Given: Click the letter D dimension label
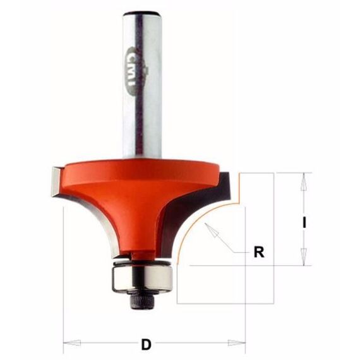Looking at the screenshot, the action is tap(147, 344).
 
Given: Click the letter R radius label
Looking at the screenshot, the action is tap(259, 252).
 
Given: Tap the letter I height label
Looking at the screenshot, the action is tap(304, 222).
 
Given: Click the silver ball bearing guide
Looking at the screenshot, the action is tap(142, 279).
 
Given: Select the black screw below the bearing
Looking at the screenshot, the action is tap(141, 300).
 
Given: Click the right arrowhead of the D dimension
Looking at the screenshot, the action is tap(236, 343).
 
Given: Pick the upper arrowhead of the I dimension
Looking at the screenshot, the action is tap(304, 182).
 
